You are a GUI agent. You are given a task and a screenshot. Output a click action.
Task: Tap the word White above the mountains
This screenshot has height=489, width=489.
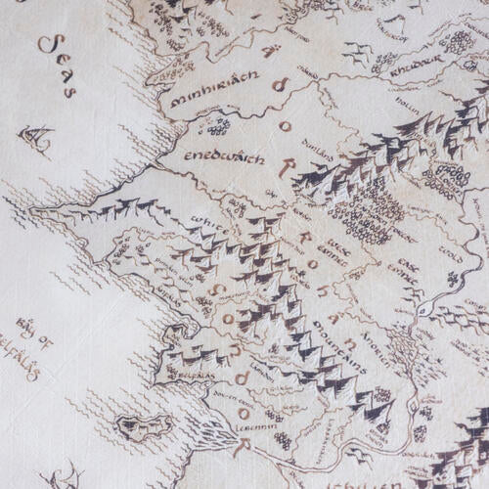pos(208,222)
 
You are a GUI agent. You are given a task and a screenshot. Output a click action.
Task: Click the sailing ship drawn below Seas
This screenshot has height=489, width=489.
pos(37,140)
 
